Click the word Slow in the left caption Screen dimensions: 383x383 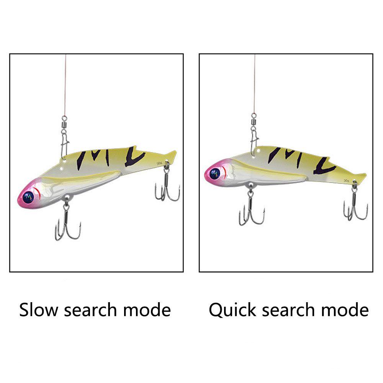39,309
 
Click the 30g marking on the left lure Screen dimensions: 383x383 159,164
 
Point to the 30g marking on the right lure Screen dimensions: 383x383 347,180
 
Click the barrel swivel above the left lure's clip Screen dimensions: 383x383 64,123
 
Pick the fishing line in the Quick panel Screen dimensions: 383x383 255,84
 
